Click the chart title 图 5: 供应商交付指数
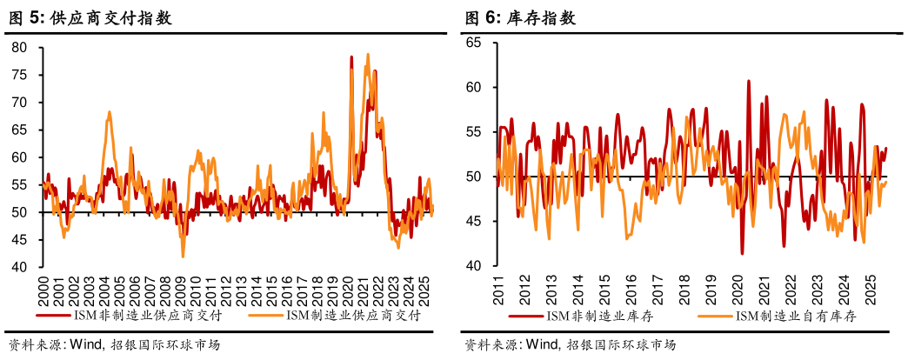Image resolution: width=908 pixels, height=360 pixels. coord(89,16)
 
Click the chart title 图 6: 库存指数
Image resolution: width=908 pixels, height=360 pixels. coord(519,16)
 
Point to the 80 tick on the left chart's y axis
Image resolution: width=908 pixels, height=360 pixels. coord(20,48)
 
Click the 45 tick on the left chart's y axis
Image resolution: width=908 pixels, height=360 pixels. coord(20,240)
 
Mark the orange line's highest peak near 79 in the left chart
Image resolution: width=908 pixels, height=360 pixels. coord(368,55)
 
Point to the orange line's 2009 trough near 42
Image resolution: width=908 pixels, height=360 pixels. coord(183,256)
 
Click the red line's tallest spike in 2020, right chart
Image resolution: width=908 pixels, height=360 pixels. coord(749,81)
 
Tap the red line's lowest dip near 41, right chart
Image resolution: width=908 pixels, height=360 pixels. coord(742,253)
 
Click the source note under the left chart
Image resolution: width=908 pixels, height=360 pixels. coord(113,344)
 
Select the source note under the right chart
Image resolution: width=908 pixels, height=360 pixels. coord(570,344)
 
